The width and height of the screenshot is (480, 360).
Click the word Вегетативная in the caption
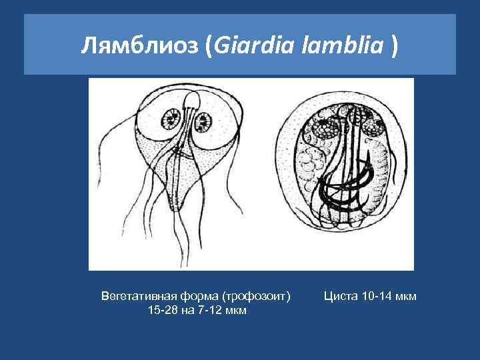tap(131, 295)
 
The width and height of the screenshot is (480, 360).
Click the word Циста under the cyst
tap(339, 295)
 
